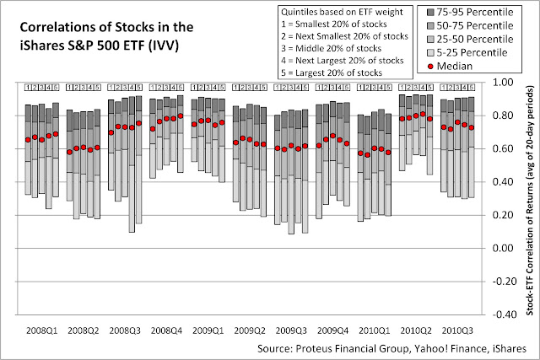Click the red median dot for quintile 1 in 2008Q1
pos(28,140)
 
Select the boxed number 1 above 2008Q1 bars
pos(28,86)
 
